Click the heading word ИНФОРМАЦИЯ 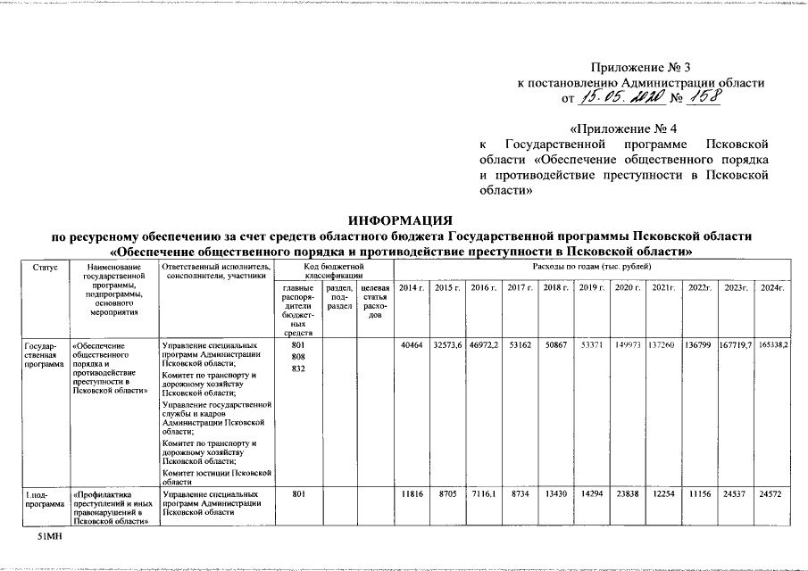coord(401,219)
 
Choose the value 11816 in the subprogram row coord(411,493)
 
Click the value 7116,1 coord(482,493)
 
